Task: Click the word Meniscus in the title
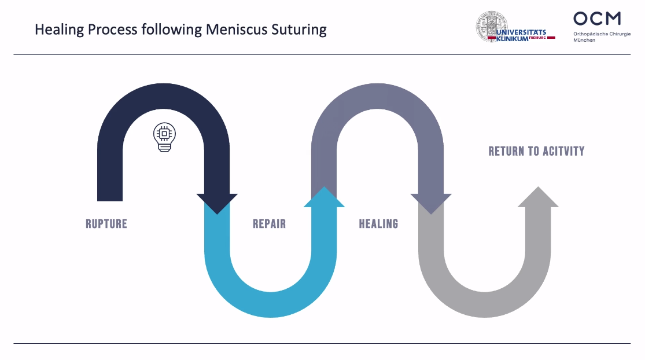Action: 235,29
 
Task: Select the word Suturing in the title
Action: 298,30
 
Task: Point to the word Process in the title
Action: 112,29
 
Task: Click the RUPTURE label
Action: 106,224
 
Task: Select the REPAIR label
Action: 269,224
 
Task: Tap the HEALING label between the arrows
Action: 378,224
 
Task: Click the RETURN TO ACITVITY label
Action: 536,152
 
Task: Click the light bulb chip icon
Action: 164,137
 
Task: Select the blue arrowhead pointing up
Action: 324,197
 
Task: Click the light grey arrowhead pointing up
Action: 538,197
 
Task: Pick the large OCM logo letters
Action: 597,19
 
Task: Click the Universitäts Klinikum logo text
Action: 521,35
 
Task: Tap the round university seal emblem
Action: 491,26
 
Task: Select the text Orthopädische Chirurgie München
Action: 602,37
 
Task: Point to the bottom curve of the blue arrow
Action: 271,304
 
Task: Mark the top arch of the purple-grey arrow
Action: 378,96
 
